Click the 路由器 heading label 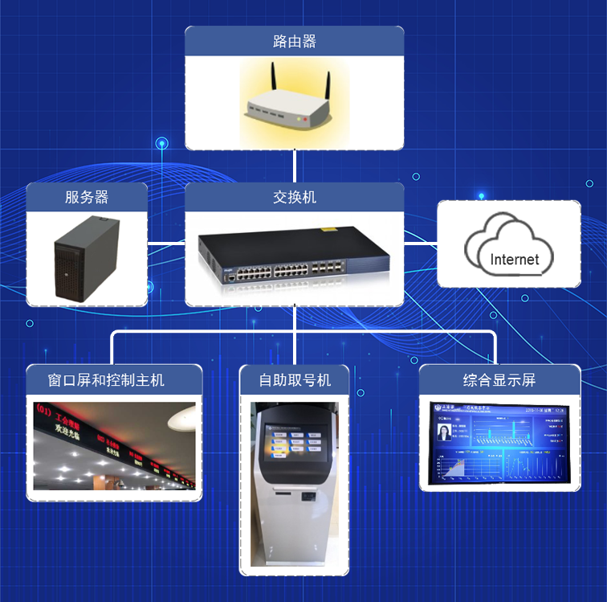(x=294, y=41)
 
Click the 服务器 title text (x=87, y=197)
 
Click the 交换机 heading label (x=294, y=197)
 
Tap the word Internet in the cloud (x=515, y=260)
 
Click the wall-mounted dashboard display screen (x=499, y=444)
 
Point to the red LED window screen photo (x=114, y=446)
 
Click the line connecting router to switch (x=295, y=166)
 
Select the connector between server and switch (x=166, y=241)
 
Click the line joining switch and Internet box (x=420, y=241)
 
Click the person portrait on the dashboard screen (x=443, y=434)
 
